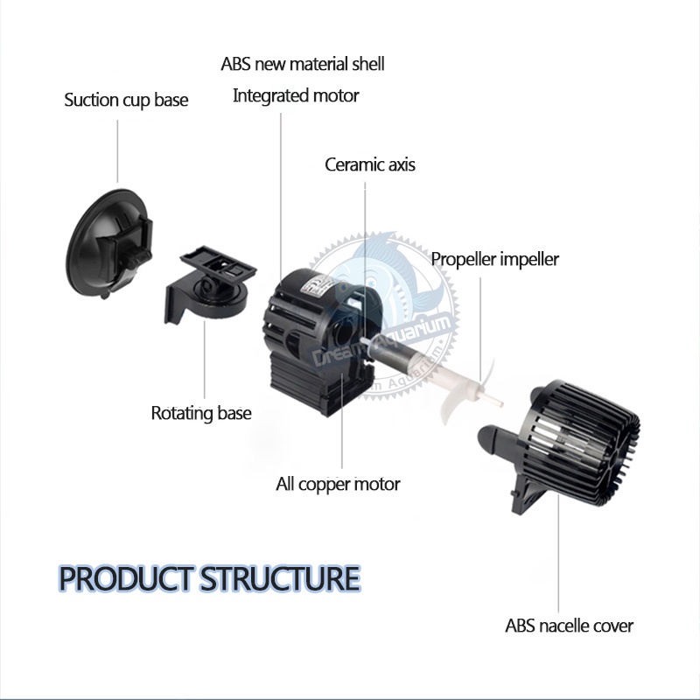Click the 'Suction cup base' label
click(126, 100)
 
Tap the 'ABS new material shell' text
click(303, 64)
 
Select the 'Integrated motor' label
click(296, 96)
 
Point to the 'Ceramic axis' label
click(369, 164)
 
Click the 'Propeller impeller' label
click(494, 259)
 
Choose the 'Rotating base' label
click(201, 413)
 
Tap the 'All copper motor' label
click(338, 484)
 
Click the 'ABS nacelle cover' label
click(569, 626)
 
